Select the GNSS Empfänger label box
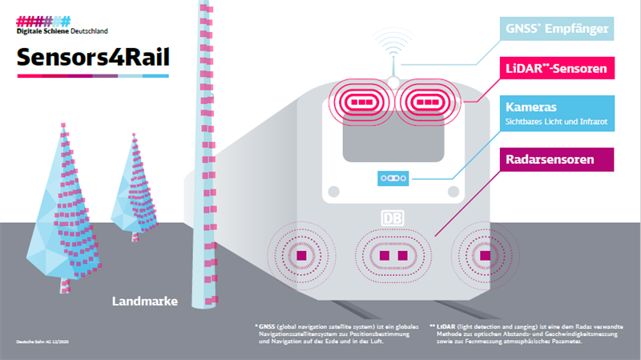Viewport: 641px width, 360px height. point(559,31)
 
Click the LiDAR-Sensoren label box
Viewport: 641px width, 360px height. point(559,69)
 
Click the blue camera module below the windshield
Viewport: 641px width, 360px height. point(393,176)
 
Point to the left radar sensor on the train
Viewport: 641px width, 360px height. point(302,255)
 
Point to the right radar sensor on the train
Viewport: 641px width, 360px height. point(483,255)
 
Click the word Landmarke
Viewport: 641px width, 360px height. point(144,301)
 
